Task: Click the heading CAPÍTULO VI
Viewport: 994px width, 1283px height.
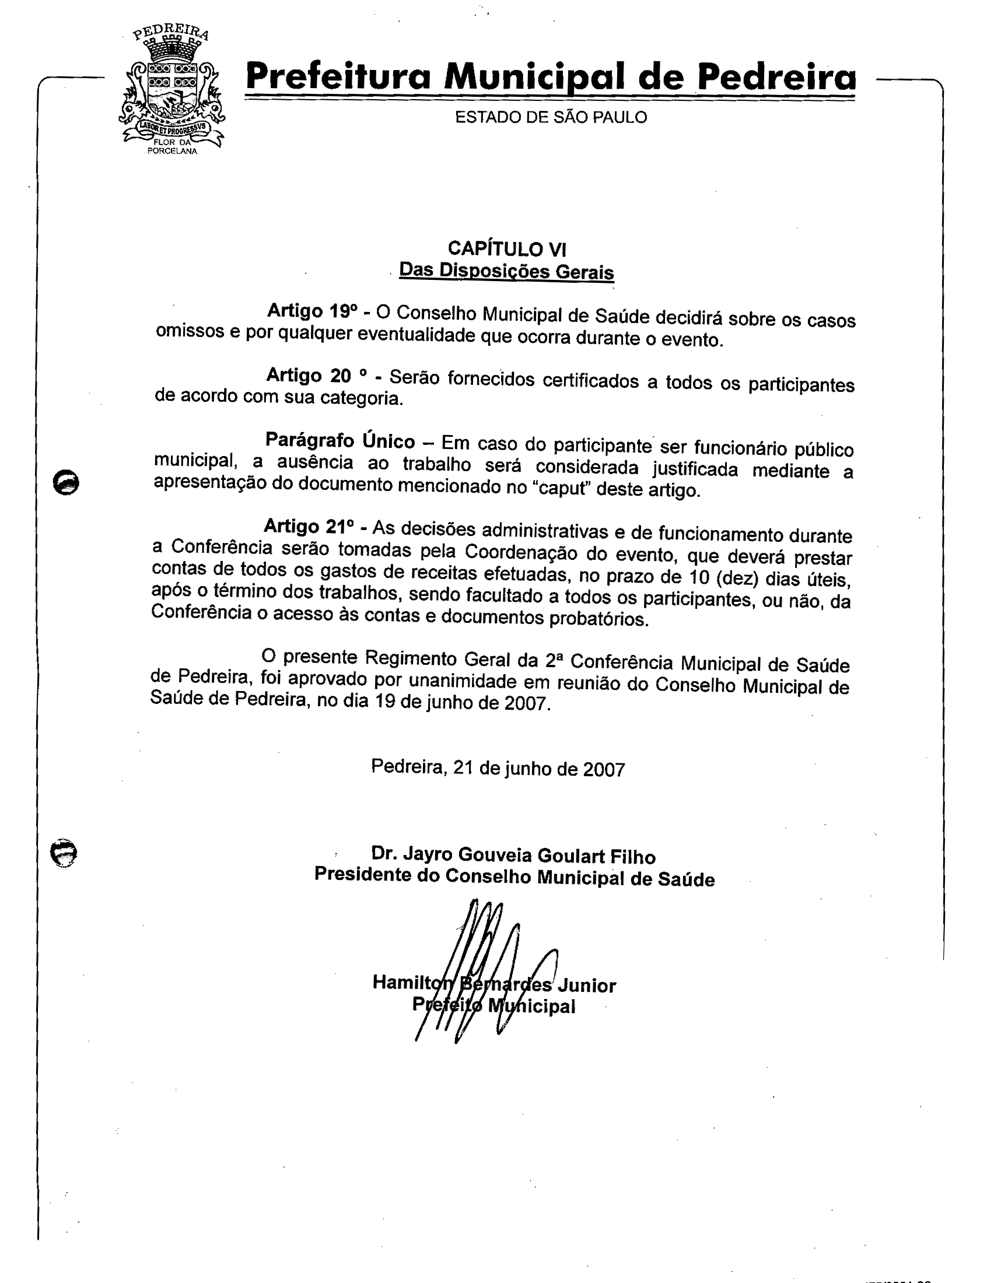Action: [506, 249]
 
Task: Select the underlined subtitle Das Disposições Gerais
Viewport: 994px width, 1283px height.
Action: [506, 271]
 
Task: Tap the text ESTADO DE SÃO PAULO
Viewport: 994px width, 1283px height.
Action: [551, 117]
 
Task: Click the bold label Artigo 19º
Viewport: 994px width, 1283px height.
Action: [312, 310]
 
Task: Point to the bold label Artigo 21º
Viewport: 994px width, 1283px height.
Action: [309, 526]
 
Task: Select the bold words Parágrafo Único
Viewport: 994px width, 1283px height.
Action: [340, 440]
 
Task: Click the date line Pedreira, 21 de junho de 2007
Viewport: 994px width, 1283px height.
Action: [498, 769]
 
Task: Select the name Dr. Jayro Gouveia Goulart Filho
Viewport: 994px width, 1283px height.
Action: [513, 856]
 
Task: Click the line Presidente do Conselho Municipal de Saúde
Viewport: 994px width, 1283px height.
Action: [514, 878]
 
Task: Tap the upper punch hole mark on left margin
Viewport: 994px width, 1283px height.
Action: [66, 482]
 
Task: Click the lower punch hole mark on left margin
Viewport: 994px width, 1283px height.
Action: [64, 853]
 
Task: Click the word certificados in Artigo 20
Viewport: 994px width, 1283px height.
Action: [590, 381]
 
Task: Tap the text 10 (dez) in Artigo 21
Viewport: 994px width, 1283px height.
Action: [724, 577]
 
